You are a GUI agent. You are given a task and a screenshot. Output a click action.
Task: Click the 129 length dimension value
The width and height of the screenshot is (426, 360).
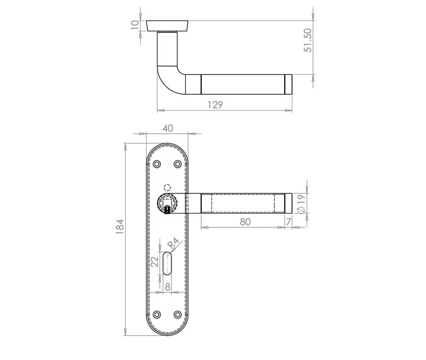pos(215,105)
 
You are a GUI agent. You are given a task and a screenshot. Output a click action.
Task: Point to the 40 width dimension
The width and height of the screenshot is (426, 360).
pos(168,128)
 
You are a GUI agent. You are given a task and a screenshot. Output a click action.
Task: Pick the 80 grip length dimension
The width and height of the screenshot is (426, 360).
pos(245,222)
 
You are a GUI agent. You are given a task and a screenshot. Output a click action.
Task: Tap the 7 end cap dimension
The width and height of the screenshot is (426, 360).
pos(288,222)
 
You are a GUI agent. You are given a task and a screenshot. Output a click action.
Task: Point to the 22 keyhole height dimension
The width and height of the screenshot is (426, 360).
pos(154,262)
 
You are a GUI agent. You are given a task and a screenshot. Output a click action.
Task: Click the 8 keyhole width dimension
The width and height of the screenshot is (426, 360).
pos(167,286)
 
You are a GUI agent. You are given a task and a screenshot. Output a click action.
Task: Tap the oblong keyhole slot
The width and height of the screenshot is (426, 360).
pos(167,264)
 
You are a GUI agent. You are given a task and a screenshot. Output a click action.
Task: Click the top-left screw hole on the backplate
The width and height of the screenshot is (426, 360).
pos(157,165)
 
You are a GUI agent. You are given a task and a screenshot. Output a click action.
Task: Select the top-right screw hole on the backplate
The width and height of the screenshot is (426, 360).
pos(177,165)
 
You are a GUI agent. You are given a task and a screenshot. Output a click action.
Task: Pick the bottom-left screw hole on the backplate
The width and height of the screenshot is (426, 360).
pos(157,315)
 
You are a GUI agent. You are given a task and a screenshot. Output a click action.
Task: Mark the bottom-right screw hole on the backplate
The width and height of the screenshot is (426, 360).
pos(177,315)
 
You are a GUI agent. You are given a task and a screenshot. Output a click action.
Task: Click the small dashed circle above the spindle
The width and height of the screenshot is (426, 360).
pos(167,187)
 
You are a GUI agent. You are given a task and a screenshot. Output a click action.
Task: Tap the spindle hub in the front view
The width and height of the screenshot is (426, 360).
pos(167,202)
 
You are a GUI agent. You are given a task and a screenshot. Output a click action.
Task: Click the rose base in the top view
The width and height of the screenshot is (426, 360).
pos(167,24)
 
